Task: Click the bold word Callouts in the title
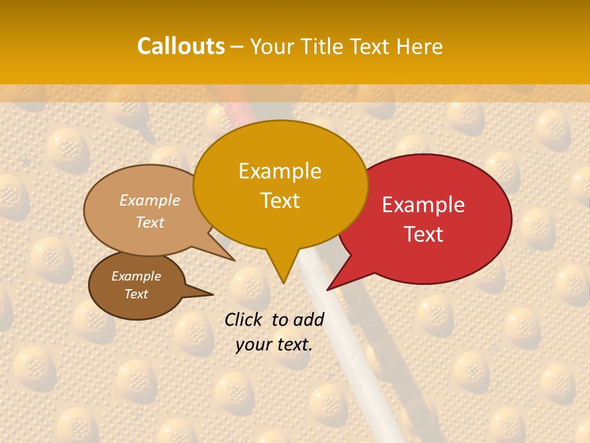coord(181,46)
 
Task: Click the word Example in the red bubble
coord(423,205)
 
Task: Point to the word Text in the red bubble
coord(423,234)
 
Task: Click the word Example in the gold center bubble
coord(280,171)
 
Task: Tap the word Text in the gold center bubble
coord(280,201)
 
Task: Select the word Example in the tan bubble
coord(150,200)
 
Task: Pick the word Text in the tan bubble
coord(150,222)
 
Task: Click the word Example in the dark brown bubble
coord(136,276)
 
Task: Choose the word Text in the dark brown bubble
coord(136,294)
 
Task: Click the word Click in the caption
coord(244,319)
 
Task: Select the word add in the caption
coord(309,319)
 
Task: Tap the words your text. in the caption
coord(274,345)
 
